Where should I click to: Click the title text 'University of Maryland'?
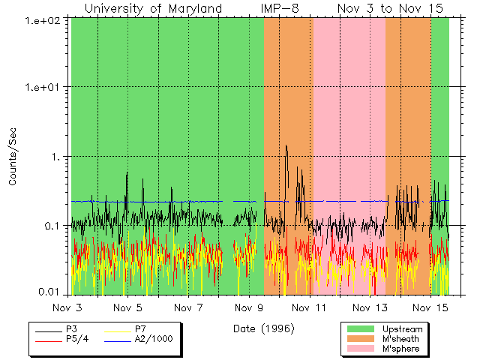pyautogui.click(x=153, y=8)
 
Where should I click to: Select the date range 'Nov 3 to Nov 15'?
pyautogui.click(x=390, y=8)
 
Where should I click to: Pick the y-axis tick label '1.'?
pyautogui.click(x=58, y=157)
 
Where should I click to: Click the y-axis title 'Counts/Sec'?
pyautogui.click(x=13, y=157)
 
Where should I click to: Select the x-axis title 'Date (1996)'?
pyautogui.click(x=263, y=328)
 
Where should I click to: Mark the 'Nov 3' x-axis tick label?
pyautogui.click(x=71, y=308)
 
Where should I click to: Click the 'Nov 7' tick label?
pyautogui.click(x=188, y=308)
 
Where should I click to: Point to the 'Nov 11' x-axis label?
pyautogui.click(x=309, y=308)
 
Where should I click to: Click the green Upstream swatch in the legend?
pyautogui.click(x=361, y=329)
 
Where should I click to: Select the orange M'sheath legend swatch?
pyautogui.click(x=361, y=339)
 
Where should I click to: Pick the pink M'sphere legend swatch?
pyautogui.click(x=361, y=349)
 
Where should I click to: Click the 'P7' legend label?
pyautogui.click(x=141, y=329)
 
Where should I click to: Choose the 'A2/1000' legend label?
pyautogui.click(x=153, y=339)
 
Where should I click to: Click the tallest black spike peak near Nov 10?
pyautogui.click(x=286, y=146)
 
